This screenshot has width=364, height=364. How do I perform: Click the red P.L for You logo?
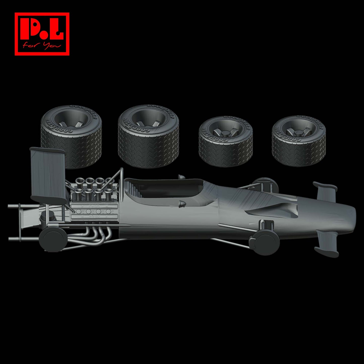pos(42,34)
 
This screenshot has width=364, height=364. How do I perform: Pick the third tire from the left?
pos(226,141)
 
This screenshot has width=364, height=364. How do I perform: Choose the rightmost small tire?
pos(299,141)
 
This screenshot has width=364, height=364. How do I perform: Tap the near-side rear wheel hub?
pos(52,238)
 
